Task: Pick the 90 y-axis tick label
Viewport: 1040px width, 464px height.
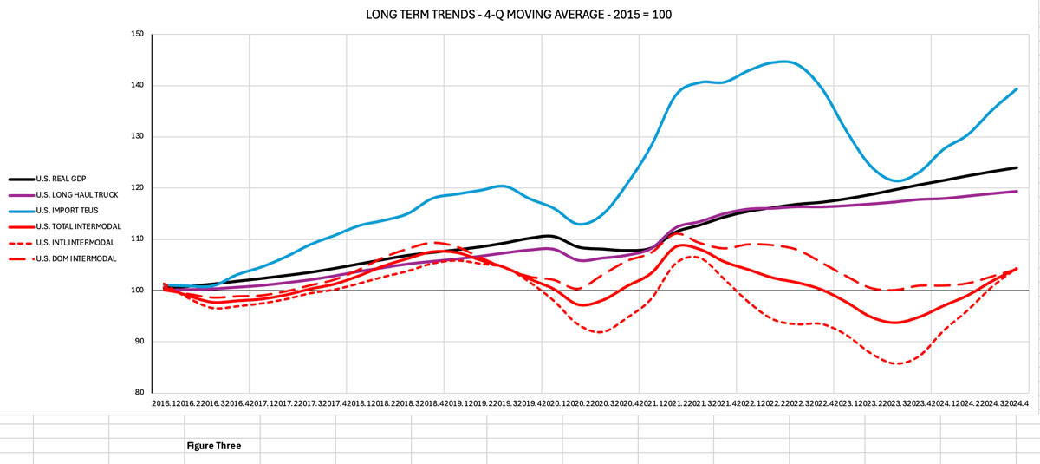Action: [x=140, y=342]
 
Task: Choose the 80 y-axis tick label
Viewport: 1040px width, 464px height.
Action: [x=140, y=392]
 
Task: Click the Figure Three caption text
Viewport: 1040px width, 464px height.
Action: [x=213, y=446]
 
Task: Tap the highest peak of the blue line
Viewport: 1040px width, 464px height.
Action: [x=784, y=62]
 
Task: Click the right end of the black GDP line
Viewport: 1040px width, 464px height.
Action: [x=1017, y=167]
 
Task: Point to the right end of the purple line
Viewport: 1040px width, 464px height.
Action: [x=1017, y=191]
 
